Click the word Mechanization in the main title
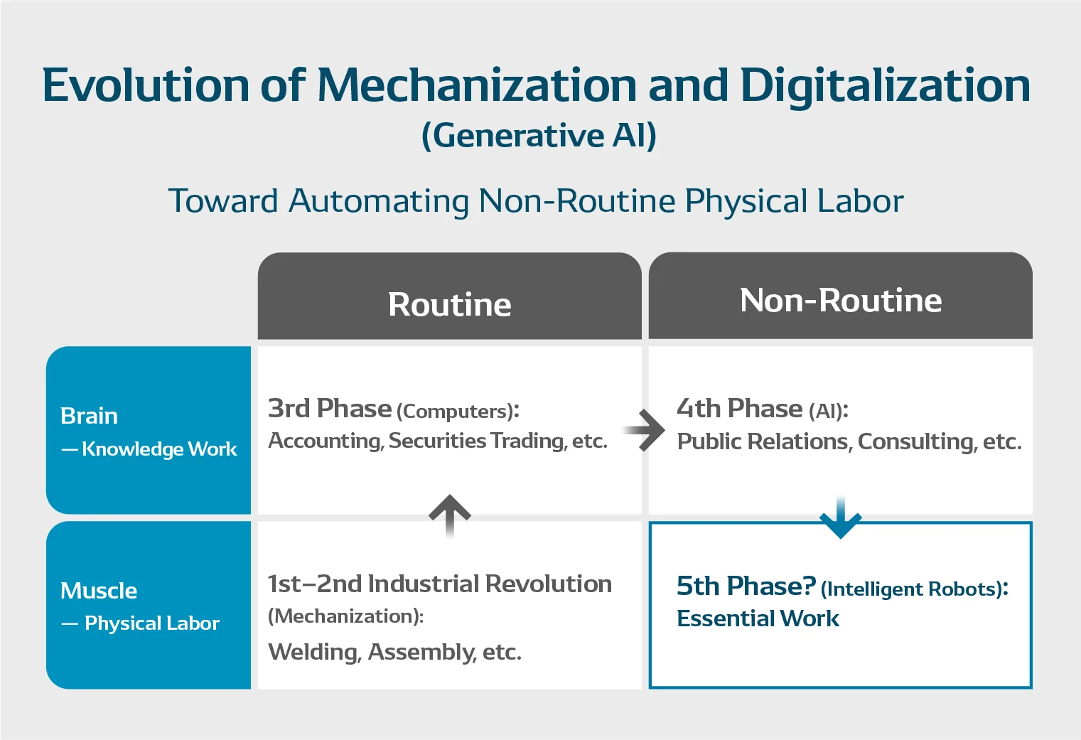(x=477, y=85)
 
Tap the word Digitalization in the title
(x=885, y=85)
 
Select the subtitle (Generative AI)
(x=539, y=135)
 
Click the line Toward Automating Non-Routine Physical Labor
(x=536, y=201)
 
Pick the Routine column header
(x=449, y=304)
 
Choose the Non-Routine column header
(x=840, y=300)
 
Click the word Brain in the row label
(x=89, y=416)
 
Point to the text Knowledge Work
(x=159, y=449)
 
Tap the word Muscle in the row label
(x=99, y=591)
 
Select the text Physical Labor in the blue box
(x=151, y=623)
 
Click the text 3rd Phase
(x=330, y=409)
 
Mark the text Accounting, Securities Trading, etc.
(x=438, y=441)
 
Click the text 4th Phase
(x=739, y=409)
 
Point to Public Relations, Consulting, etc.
(x=849, y=442)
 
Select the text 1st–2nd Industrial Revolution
(x=439, y=584)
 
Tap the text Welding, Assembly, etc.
(x=394, y=652)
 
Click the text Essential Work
(x=758, y=618)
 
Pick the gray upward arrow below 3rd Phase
(x=450, y=515)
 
